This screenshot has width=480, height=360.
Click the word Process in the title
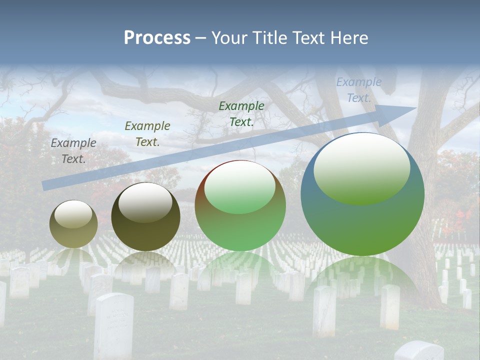[157, 38]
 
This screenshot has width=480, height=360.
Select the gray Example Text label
[73, 151]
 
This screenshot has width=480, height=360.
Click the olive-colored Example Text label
[147, 134]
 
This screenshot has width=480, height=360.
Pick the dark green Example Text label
[241, 114]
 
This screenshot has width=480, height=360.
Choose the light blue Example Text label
[358, 90]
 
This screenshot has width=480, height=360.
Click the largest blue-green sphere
[362, 220]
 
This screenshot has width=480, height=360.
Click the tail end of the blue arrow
[45, 185]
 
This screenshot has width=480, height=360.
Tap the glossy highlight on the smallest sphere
[73, 214]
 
